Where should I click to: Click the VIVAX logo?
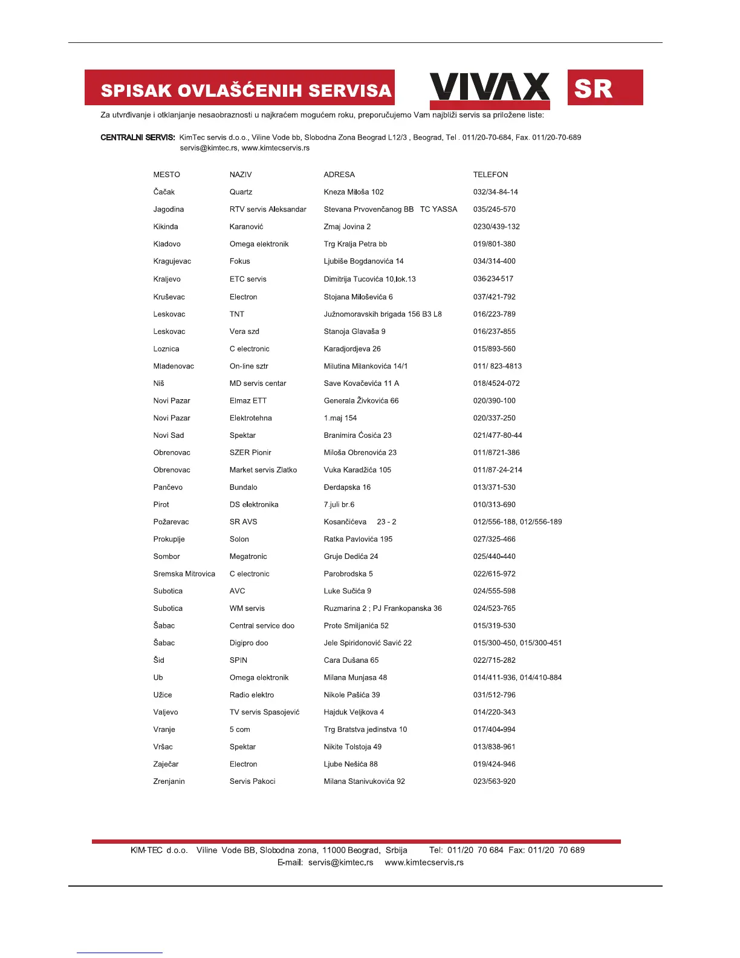pos(489,87)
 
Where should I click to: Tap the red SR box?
pos(605,88)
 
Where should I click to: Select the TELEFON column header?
pos(490,175)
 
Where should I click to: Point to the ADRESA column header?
pos(339,175)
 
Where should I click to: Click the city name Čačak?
pos(164,192)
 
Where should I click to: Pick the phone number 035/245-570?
pos(494,209)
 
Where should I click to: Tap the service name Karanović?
pos(246,227)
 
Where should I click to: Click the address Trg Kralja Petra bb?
pos(355,244)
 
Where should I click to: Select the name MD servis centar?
pos(258,383)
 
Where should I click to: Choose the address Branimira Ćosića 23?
pos(357,435)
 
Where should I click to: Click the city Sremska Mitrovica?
pos(184,574)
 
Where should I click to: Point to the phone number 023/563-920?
pos(494,781)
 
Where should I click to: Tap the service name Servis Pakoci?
pos(252,781)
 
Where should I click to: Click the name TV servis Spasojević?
pos(264,712)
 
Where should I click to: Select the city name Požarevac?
pos(171,522)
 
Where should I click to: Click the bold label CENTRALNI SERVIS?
pos(138,138)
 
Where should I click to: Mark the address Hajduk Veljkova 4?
pos(354,712)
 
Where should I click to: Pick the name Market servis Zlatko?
pos(263,470)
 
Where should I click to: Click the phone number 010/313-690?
pos(494,505)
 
